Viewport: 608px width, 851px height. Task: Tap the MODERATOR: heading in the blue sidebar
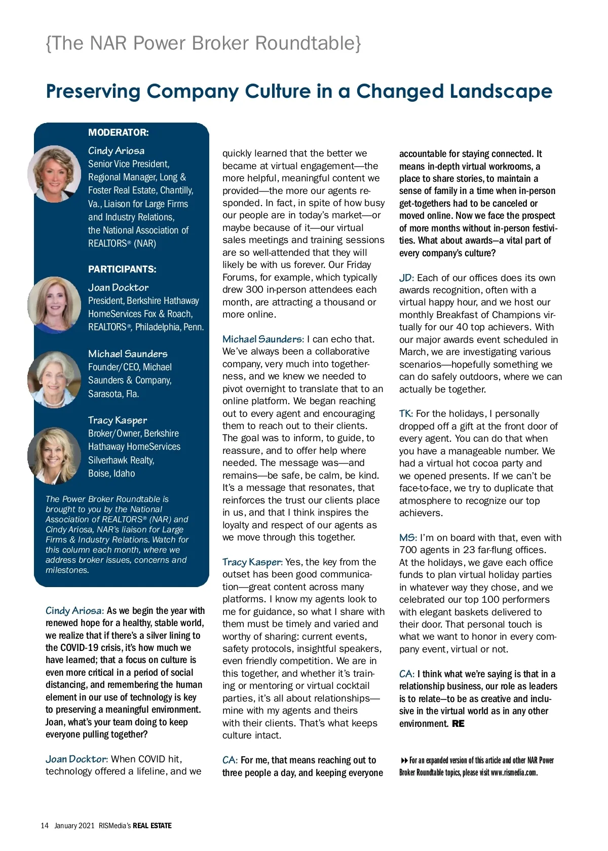(118, 133)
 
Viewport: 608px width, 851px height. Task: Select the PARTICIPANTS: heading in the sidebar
(122, 269)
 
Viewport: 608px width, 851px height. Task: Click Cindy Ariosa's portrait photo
(54, 174)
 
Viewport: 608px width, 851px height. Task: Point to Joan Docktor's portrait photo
(54, 304)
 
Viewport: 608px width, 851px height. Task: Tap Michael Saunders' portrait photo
(54, 379)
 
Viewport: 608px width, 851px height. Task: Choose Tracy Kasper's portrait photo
(54, 455)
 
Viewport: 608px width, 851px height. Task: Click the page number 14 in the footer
(45, 826)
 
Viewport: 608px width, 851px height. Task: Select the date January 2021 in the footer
(74, 826)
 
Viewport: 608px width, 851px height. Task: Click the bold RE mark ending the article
(458, 723)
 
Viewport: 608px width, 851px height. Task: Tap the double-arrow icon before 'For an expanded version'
(404, 760)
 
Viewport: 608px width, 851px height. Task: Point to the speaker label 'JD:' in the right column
(406, 278)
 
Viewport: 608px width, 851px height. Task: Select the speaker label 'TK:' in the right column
(406, 414)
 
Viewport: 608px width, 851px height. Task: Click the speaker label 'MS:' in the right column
(408, 538)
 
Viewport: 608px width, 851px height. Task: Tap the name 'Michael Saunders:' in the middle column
(263, 339)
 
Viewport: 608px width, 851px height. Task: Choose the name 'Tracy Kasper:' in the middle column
(252, 562)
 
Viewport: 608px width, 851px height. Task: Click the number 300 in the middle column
(254, 290)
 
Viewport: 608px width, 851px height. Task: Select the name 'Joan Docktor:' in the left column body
(77, 759)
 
